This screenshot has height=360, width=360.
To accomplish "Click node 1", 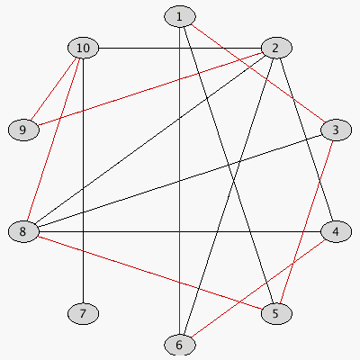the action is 180,16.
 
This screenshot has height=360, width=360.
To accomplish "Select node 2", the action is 276,48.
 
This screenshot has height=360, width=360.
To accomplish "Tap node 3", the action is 336,130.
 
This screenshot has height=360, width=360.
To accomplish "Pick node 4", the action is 336,231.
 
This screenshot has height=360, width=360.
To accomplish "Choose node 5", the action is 276,313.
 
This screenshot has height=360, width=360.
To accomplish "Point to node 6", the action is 180,345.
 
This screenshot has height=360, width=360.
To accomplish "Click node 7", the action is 83,313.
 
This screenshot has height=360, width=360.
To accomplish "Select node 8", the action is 23,231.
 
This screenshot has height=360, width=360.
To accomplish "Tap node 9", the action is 23,130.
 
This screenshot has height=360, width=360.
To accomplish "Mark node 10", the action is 83,48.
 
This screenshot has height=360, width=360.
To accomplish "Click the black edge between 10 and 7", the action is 83,181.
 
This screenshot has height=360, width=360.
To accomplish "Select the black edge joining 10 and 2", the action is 180,48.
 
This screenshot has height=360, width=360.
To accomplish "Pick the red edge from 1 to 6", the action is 180,181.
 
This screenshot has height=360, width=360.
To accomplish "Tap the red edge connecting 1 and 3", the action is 258,74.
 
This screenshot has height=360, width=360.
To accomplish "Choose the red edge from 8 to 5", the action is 150,273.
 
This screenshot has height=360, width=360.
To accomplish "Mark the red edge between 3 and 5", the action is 306,221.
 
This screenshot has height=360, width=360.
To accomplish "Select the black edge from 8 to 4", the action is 180,231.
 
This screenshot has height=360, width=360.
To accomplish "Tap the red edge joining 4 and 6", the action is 258,288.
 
